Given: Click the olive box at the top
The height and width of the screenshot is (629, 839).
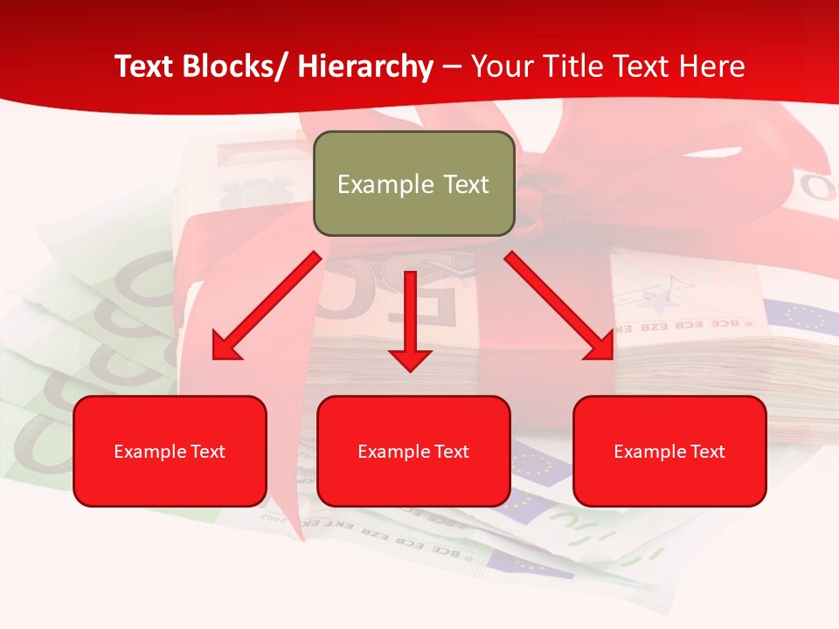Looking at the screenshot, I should click(x=413, y=183).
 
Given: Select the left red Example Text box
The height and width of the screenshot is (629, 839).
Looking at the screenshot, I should click(x=170, y=451).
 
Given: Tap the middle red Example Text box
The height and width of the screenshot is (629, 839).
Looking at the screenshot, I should click(x=413, y=451).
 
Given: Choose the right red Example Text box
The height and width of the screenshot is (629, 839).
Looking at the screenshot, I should click(x=669, y=451).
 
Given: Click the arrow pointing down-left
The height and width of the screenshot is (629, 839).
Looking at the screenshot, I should click(x=267, y=306).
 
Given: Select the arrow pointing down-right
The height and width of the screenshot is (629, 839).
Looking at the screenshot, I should click(x=559, y=306).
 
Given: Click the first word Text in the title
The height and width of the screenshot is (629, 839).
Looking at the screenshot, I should click(x=145, y=66).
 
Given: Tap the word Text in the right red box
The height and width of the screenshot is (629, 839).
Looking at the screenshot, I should click(x=706, y=452).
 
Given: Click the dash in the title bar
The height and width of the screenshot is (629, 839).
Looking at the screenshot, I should click(x=452, y=66).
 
